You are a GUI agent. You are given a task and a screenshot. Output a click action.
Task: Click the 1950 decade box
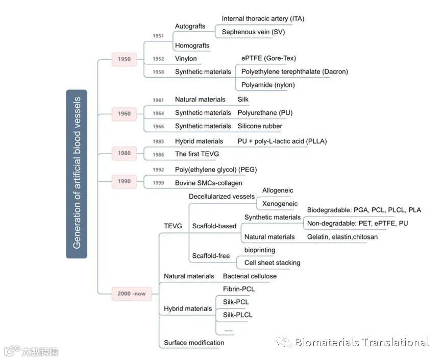[124, 59]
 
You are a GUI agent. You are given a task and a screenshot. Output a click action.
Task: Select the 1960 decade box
[124, 113]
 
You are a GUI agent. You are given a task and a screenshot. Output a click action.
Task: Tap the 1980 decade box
[124, 153]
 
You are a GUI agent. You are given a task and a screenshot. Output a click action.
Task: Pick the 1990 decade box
[124, 181]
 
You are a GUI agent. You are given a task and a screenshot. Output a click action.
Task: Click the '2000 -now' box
[132, 294]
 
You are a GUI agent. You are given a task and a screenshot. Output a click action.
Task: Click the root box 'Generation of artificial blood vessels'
[77, 174]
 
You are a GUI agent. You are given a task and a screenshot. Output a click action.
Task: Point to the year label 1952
[158, 59]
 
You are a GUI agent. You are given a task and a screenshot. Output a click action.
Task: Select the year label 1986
[158, 154]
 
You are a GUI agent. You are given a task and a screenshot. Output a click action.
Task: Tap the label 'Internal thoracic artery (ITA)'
[263, 19]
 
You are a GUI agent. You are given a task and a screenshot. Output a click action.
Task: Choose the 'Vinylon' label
[186, 59]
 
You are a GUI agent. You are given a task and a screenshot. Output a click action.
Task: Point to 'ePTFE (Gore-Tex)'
[268, 58]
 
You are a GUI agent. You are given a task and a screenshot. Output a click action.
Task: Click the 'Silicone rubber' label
[260, 126]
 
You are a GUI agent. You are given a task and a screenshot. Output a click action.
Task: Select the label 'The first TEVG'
[196, 154]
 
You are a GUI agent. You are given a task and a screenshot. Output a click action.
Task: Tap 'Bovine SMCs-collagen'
[209, 183]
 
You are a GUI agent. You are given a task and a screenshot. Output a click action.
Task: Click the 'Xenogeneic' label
[280, 204]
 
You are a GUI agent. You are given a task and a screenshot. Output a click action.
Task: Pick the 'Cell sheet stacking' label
[272, 262]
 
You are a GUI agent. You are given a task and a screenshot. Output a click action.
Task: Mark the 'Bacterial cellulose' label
[250, 276]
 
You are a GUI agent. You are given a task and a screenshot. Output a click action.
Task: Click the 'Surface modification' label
[194, 343]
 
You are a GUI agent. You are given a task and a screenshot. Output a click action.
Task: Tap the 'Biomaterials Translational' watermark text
[361, 342]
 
